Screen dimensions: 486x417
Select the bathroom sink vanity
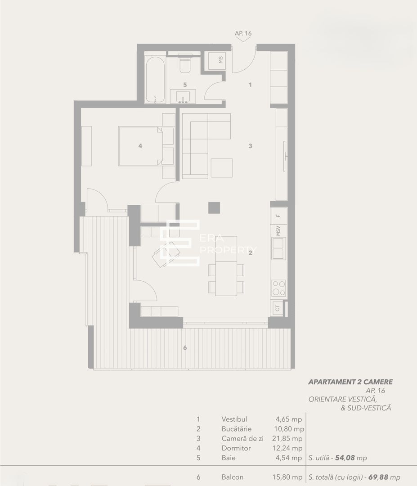tap(183, 96)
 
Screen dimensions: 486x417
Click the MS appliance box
tap(215, 61)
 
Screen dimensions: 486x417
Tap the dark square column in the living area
tap(214, 207)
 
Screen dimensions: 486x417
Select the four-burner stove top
tap(278, 288)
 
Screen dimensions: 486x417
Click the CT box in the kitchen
tap(278, 308)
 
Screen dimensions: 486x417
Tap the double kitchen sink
tap(278, 248)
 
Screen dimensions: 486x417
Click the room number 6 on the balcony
tap(184, 347)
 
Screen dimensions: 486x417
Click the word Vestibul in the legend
tap(234, 419)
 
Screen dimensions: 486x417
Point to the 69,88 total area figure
tap(379, 477)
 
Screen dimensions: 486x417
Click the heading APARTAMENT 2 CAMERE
tap(350, 382)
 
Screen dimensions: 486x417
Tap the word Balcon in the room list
tap(233, 477)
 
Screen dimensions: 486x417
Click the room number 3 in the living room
tap(251, 146)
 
